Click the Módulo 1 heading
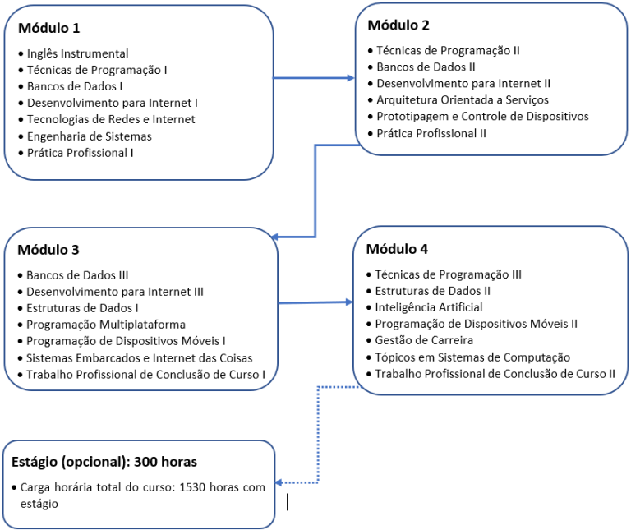click(49, 28)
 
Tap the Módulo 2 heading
click(398, 25)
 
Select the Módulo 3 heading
click(48, 250)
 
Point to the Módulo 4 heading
click(397, 249)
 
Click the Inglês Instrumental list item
click(78, 53)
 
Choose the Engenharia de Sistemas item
click(90, 136)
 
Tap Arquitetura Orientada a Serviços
click(463, 99)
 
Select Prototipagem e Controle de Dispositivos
click(482, 117)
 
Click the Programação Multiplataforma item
click(106, 325)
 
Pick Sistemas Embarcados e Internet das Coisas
click(139, 357)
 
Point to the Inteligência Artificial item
click(429, 307)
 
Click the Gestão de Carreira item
click(424, 340)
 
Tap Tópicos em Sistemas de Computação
click(472, 357)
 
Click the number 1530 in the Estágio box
click(192, 487)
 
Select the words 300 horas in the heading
click(165, 462)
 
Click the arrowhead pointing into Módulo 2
click(351, 78)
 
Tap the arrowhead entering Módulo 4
click(349, 302)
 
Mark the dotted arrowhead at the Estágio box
click(279, 482)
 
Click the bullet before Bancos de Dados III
click(20, 275)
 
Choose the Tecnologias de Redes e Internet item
click(111, 119)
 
